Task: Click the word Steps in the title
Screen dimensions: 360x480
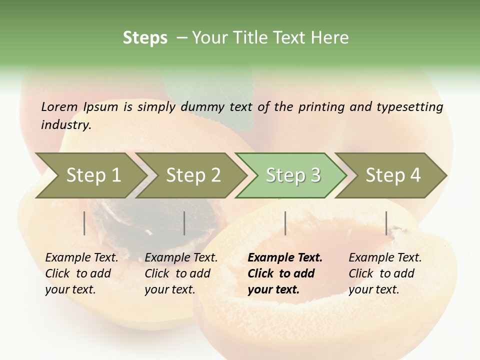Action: [145, 37]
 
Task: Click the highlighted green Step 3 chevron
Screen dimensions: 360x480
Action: [292, 175]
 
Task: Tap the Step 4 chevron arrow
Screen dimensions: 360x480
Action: [393, 175]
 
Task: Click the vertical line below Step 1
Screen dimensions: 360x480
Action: [84, 223]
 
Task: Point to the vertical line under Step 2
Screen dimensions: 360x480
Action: [184, 223]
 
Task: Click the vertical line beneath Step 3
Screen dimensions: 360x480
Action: [285, 223]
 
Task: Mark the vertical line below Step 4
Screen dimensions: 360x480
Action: [386, 223]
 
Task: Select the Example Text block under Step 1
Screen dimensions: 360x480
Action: [81, 273]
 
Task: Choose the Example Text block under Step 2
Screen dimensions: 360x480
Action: [180, 273]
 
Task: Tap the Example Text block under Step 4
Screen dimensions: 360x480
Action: [384, 273]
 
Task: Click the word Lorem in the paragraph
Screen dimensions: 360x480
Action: [59, 106]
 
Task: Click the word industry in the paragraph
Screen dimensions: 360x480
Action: [65, 125]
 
